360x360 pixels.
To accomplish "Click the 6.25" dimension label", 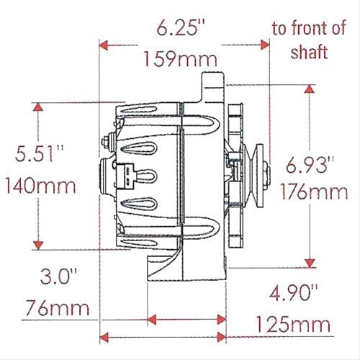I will (180, 29).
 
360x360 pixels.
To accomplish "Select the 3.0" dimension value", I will (59, 276).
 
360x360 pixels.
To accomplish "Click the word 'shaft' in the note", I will (309, 52).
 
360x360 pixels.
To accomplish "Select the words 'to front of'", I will (308, 29).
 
